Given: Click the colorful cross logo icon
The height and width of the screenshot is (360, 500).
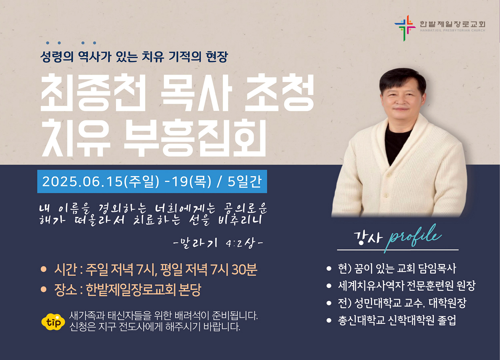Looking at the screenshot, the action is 405,28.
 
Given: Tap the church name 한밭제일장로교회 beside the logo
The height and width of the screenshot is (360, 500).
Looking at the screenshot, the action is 452,24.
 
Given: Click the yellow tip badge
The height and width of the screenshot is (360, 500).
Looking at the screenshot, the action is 53,322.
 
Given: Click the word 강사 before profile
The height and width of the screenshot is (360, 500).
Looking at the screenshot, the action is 368,238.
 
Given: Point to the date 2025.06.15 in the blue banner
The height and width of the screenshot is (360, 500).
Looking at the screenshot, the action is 82,181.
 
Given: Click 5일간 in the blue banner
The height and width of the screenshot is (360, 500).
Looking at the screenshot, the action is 244,181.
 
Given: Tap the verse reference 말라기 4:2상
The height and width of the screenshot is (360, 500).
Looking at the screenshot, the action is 218,243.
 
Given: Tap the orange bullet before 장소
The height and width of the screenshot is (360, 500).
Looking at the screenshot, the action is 44,289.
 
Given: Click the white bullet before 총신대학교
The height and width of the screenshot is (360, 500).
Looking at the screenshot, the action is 329,320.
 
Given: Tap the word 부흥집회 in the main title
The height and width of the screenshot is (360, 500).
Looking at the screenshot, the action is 195,138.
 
